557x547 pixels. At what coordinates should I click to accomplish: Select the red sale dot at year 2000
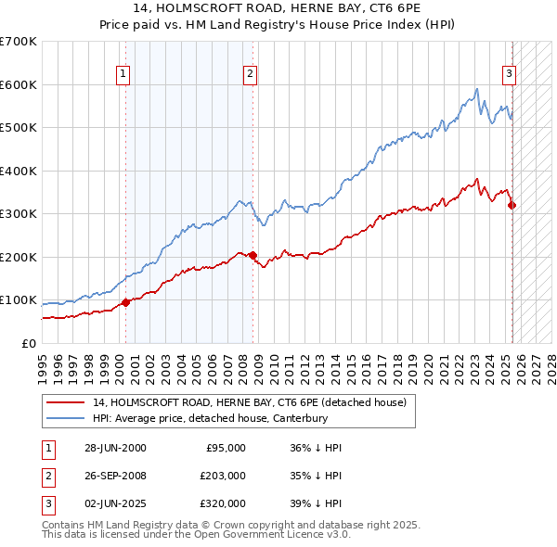click(125, 302)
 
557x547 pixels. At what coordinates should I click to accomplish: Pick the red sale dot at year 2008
click(253, 255)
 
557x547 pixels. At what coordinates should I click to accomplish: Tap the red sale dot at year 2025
click(512, 205)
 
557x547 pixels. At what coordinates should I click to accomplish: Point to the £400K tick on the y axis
click(19, 171)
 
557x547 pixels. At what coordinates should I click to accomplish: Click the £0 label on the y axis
click(29, 344)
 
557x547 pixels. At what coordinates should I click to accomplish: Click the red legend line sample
click(66, 403)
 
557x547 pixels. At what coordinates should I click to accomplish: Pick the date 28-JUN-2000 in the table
click(115, 448)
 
